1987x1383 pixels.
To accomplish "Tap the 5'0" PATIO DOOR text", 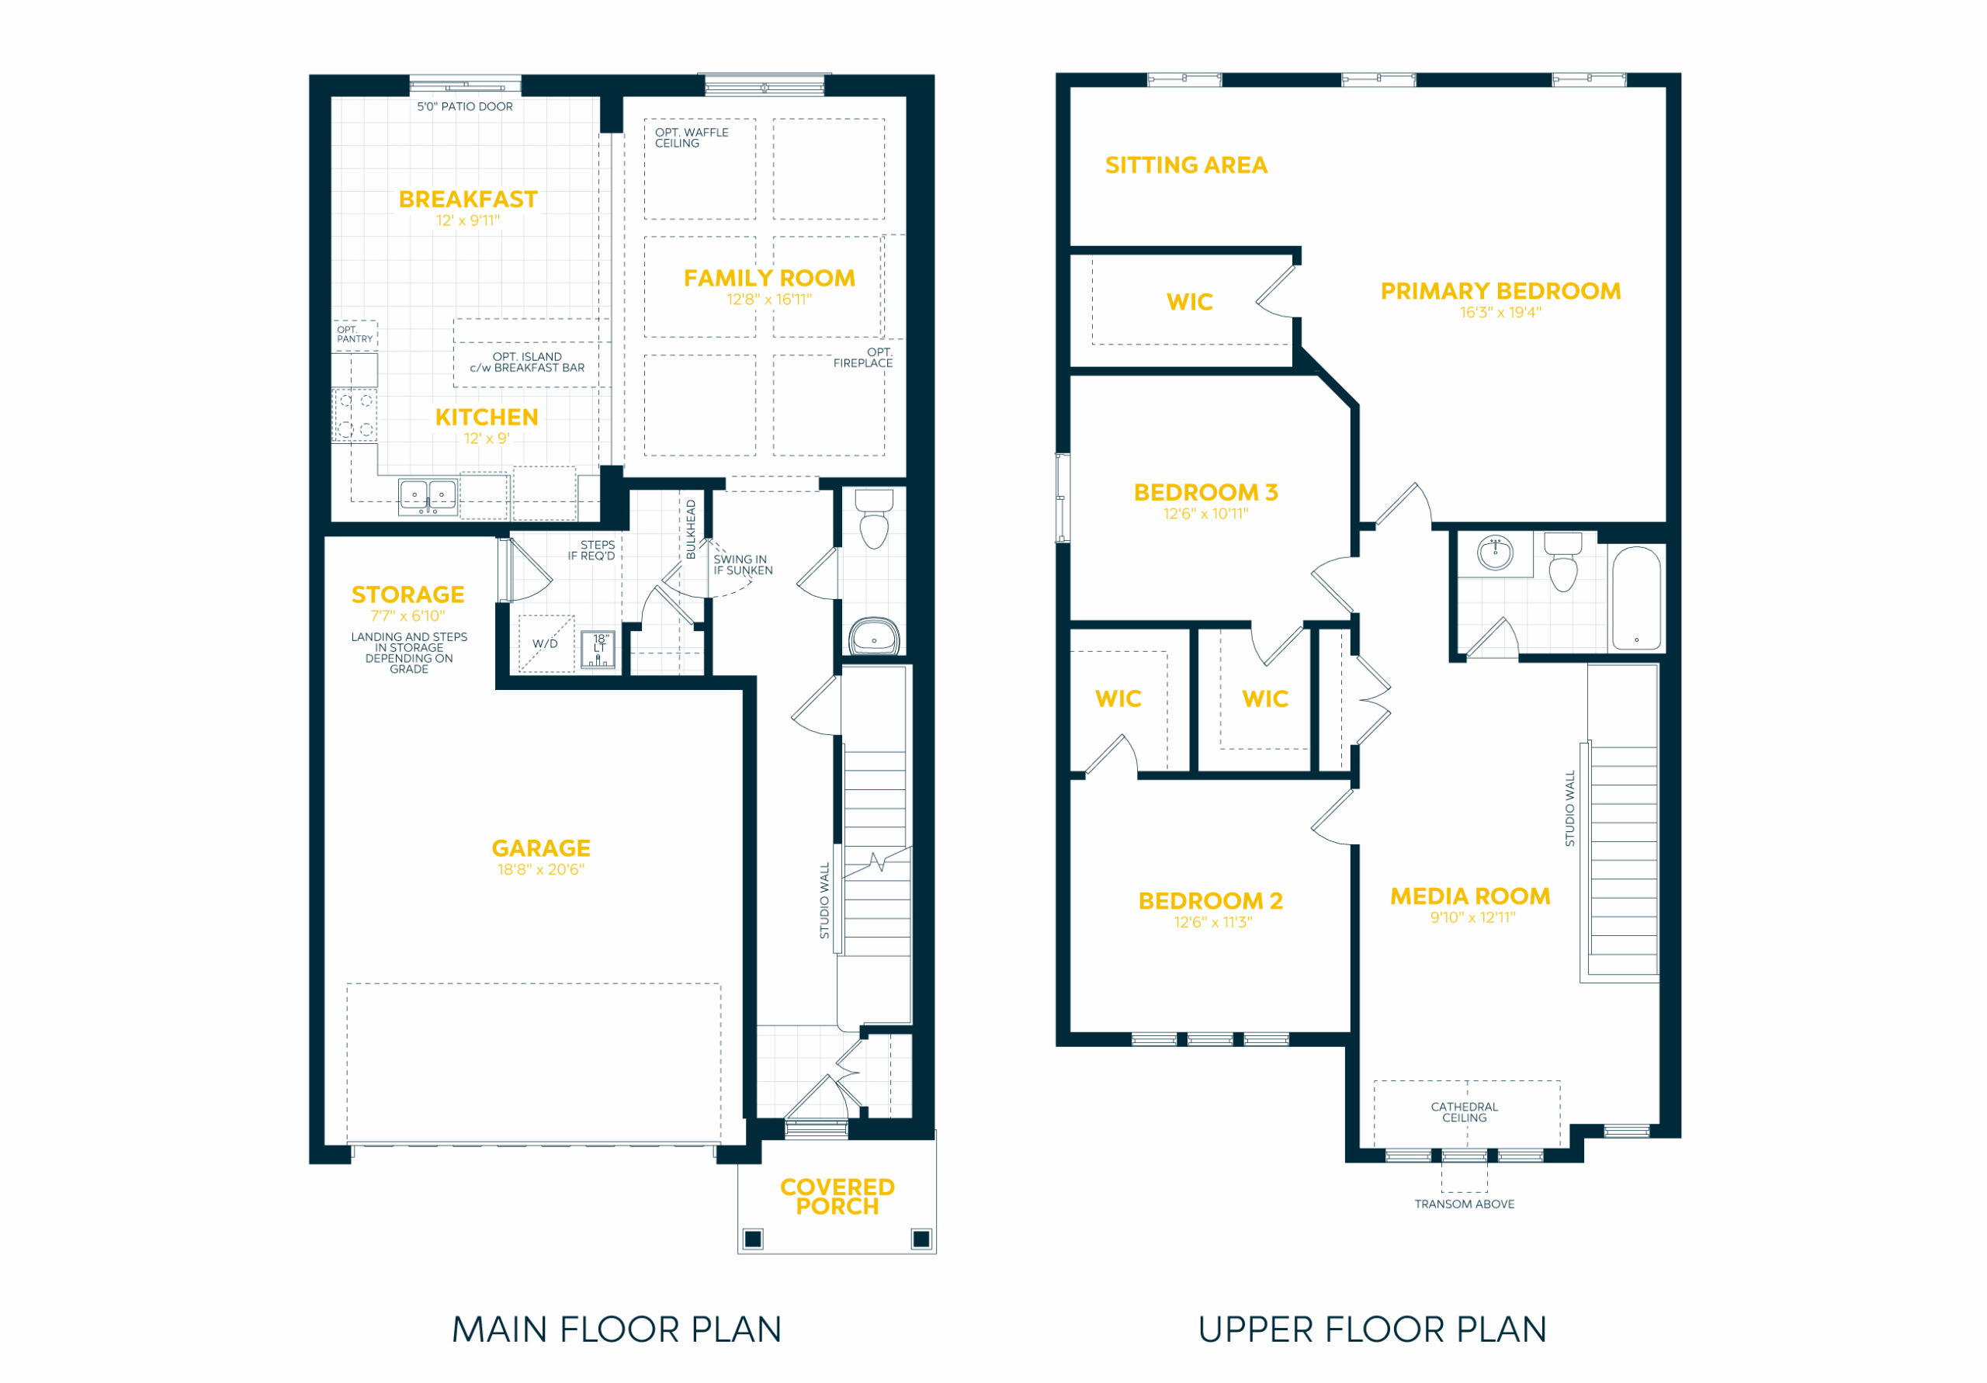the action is click(465, 106).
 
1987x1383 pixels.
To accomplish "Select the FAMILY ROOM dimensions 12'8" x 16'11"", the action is click(769, 300).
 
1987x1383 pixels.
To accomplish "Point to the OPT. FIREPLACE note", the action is click(863, 358).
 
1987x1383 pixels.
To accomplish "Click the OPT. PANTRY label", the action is click(355, 334).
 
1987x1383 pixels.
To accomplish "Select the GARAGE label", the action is click(541, 848).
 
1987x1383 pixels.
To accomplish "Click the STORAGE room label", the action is click(407, 594).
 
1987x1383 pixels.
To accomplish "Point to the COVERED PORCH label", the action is click(837, 1196).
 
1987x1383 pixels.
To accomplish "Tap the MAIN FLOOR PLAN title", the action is click(616, 1329).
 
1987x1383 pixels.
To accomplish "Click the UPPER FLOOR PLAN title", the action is click(1371, 1329).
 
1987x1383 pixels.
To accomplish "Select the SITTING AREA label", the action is click(1186, 165).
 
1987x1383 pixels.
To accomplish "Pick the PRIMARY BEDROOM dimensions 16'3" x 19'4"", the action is click(1500, 313).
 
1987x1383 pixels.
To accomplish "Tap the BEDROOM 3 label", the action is click(1205, 493).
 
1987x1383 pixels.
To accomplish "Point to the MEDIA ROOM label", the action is click(1469, 896).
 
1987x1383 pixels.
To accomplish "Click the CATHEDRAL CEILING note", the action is click(1465, 1112).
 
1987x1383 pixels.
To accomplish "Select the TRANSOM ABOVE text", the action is click(1465, 1204).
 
